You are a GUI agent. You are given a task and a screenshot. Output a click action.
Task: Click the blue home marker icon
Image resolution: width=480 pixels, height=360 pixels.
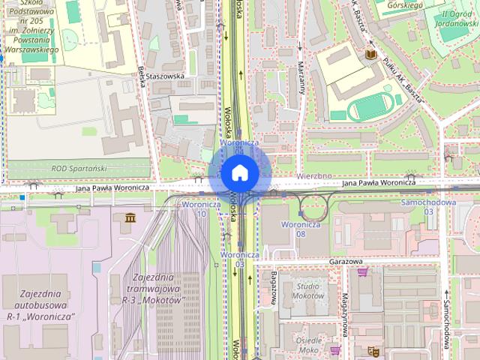pos(239,172)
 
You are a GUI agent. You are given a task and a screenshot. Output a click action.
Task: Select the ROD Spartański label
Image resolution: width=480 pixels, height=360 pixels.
pos(79,169)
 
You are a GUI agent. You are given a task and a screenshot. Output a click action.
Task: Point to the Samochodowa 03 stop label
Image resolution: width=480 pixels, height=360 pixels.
pos(428,207)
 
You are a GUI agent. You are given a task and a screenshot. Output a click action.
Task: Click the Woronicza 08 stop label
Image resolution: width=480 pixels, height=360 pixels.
pos(301,229)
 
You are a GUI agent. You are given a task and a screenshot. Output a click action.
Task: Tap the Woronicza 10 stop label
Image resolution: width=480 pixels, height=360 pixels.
pos(200,208)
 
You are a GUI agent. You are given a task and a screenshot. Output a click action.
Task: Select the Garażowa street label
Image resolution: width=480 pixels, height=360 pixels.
pos(345,262)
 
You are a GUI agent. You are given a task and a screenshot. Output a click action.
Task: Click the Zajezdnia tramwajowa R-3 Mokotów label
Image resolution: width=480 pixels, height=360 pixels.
pos(154,288)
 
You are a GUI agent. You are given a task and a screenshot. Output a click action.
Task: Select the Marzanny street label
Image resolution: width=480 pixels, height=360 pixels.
pos(300,75)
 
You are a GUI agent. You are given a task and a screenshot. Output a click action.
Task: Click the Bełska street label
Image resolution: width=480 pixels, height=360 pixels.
pos(142,76)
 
